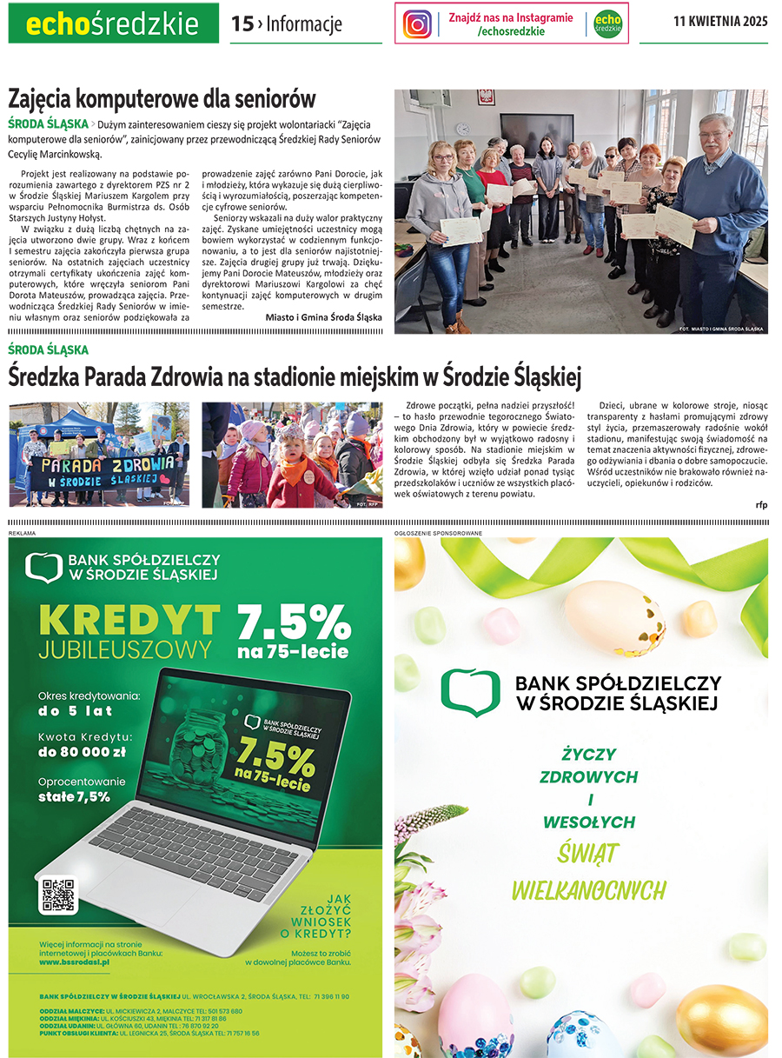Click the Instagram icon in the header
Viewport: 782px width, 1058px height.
pos(418,24)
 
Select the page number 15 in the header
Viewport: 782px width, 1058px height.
pos(242,24)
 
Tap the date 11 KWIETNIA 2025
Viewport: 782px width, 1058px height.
pos(720,23)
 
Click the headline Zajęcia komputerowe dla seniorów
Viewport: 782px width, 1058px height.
pos(162,98)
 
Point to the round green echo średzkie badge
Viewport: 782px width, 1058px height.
pos(607,24)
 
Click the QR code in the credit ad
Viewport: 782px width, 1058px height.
pos(59,895)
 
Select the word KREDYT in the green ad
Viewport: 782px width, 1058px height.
pos(129,620)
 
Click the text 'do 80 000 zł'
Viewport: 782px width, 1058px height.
pos(83,752)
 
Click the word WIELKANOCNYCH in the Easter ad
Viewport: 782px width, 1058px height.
pos(588,889)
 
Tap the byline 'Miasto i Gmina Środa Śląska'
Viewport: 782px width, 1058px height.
pos(323,317)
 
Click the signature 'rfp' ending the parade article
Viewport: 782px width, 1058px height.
pos(761,504)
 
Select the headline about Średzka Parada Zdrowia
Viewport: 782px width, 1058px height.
pos(295,377)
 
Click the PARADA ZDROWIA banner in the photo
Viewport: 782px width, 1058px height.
pos(98,470)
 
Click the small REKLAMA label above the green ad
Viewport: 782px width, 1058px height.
pos(23,531)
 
